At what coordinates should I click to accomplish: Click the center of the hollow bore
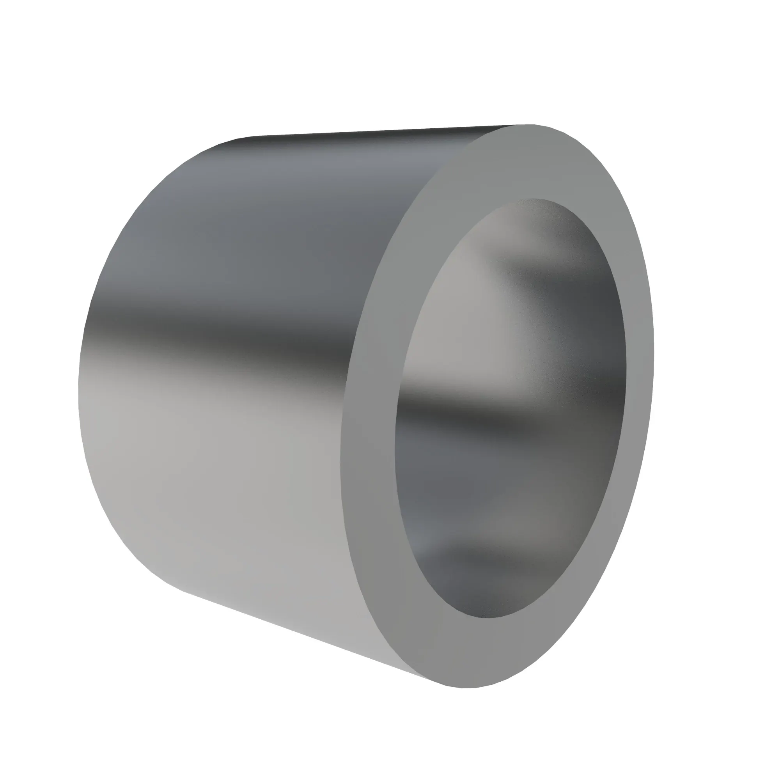(x=511, y=408)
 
